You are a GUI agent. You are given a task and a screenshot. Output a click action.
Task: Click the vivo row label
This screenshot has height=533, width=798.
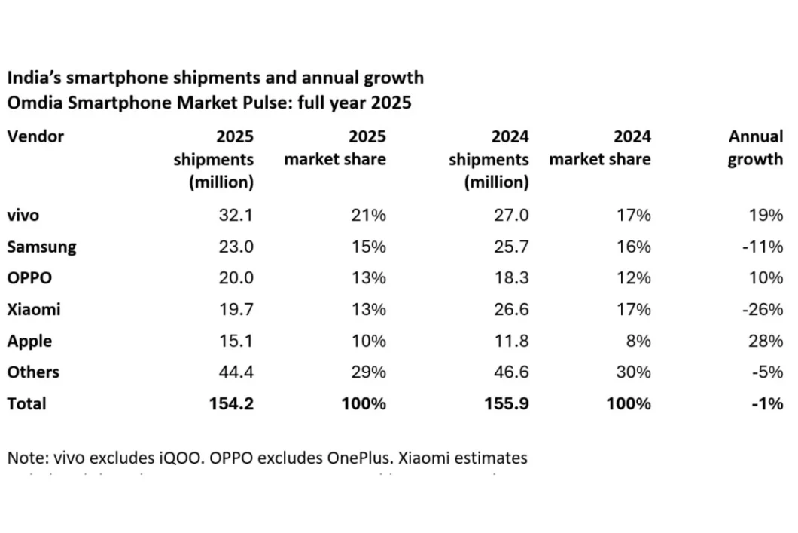click(23, 216)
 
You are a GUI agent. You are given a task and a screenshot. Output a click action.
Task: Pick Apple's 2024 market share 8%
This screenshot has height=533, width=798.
click(638, 341)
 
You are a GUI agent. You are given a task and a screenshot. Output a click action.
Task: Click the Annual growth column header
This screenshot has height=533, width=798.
click(755, 148)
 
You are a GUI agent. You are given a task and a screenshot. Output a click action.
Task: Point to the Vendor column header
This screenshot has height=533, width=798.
click(35, 136)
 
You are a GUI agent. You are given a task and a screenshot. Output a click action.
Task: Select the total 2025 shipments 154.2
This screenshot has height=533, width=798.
click(231, 403)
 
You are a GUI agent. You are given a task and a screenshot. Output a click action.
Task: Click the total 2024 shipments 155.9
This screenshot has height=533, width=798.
click(507, 403)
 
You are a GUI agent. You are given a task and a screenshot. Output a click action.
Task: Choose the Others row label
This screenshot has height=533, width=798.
click(33, 372)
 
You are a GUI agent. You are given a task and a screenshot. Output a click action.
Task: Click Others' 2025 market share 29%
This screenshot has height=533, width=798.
click(368, 372)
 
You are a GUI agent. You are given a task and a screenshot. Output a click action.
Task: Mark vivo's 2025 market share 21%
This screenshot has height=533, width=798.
click(368, 216)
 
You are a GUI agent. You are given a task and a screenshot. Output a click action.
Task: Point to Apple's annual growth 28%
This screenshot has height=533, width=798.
click(766, 341)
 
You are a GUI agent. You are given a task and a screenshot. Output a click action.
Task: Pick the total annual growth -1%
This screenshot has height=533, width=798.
click(767, 403)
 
